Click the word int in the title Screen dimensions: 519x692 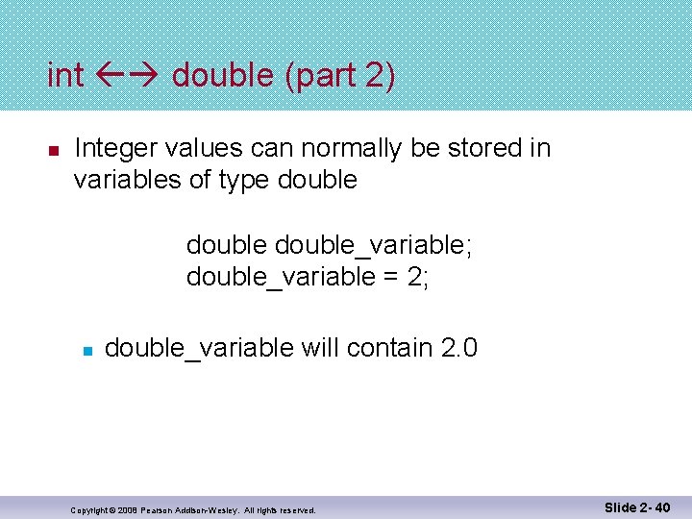click(65, 75)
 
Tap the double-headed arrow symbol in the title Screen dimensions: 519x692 click(128, 75)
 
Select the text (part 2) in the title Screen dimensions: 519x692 click(339, 75)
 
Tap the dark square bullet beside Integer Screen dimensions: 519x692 click(54, 151)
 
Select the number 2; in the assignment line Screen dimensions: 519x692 click(417, 278)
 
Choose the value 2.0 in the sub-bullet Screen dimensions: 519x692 click(457, 347)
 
